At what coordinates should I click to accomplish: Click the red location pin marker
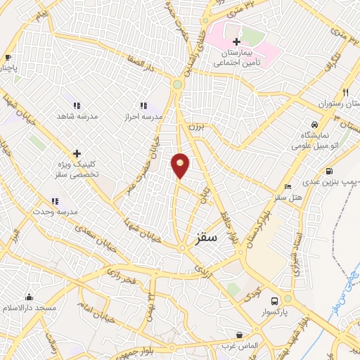click(181, 165)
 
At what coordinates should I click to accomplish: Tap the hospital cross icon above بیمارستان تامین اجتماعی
click(236, 41)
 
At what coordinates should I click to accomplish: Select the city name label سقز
click(207, 238)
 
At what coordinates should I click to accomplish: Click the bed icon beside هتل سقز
click(287, 186)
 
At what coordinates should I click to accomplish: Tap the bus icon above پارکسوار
click(285, 299)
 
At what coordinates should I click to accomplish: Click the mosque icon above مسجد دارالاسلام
click(29, 297)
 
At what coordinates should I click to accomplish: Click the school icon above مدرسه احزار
click(143, 105)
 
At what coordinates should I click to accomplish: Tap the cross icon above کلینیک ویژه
click(77, 153)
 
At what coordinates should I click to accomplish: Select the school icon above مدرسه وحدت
click(54, 201)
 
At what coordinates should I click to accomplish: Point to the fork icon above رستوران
click(345, 92)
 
